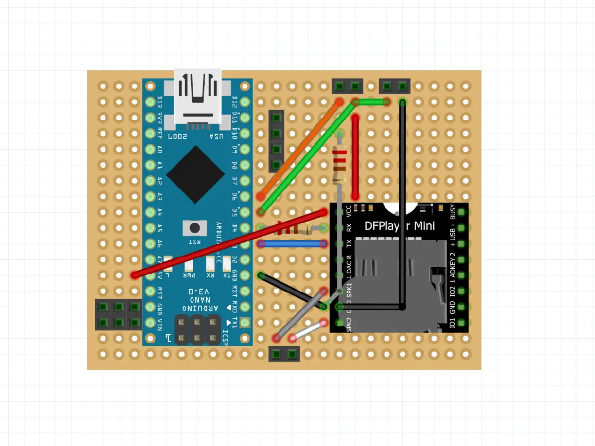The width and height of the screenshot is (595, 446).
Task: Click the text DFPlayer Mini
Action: [399, 226]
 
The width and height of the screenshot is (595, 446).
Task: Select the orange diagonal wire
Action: [299, 149]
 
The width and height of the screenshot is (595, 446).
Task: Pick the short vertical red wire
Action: [356, 155]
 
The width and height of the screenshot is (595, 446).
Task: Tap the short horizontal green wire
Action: [371, 102]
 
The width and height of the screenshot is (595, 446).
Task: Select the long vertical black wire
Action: [402, 204]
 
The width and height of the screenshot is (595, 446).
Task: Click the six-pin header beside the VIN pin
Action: [118, 315]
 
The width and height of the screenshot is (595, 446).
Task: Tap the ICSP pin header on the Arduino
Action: [197, 329]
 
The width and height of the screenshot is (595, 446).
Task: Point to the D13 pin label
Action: [160, 103]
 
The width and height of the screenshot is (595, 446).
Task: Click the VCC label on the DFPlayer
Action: [349, 210]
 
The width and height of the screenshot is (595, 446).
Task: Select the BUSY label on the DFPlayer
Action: [453, 212]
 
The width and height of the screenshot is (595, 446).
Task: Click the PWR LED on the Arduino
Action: [189, 265]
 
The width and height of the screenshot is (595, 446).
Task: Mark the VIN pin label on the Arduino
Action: [160, 323]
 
